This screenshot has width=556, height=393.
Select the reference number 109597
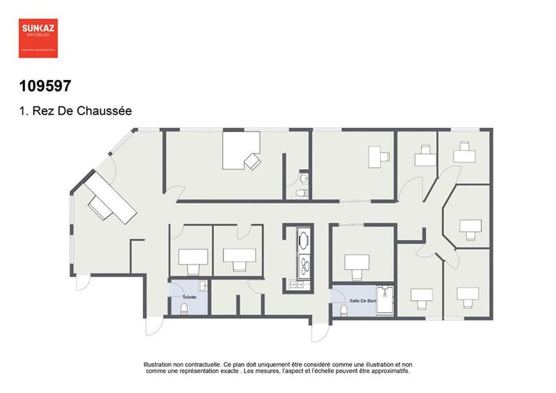[x=45, y=86]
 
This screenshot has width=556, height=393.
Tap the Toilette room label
[x=189, y=297]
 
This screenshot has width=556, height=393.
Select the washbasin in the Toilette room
[x=202, y=285]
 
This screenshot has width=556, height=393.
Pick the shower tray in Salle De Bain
[x=385, y=300]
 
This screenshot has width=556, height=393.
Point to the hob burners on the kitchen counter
[x=304, y=263]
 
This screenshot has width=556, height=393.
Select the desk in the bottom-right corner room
[x=470, y=295]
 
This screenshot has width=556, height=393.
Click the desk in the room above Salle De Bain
[x=357, y=262]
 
